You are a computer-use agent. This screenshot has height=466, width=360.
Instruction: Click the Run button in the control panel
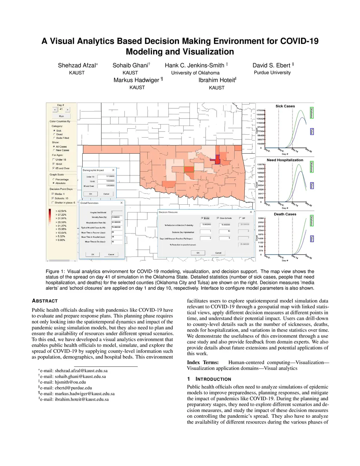pyautogui.click(x=62, y=116)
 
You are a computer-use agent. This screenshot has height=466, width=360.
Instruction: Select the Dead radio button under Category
pyautogui.click(x=54, y=134)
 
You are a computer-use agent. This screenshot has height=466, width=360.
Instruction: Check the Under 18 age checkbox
pyautogui.click(x=53, y=160)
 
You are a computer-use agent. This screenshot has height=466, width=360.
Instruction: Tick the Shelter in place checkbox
pyautogui.click(x=53, y=203)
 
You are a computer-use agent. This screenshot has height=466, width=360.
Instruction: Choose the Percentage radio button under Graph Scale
pyautogui.click(x=53, y=179)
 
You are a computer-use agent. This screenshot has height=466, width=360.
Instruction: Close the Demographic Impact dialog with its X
pyautogui.click(x=113, y=170)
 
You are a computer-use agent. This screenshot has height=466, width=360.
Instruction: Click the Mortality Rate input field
pyautogui.click(x=117, y=217)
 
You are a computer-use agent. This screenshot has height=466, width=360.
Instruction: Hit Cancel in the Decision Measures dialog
pyautogui.click(x=218, y=253)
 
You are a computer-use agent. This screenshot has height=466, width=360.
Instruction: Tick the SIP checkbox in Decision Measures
pyautogui.click(x=240, y=218)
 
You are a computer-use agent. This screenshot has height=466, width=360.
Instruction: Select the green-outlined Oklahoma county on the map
pyautogui.click(x=189, y=169)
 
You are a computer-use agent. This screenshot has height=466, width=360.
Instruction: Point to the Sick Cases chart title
pyautogui.click(x=285, y=106)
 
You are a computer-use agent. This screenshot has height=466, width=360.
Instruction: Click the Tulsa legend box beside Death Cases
pyautogui.click(x=311, y=239)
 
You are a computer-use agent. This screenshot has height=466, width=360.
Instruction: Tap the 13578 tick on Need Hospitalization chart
pyautogui.click(x=261, y=164)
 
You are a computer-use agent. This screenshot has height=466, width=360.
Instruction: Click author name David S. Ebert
pyautogui.click(x=271, y=65)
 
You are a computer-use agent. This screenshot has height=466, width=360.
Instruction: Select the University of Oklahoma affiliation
pyautogui.click(x=195, y=73)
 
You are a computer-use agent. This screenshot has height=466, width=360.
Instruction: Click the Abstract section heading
pyautogui.click(x=45, y=301)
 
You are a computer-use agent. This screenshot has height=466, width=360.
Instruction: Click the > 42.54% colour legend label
pyautogui.click(x=61, y=211)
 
